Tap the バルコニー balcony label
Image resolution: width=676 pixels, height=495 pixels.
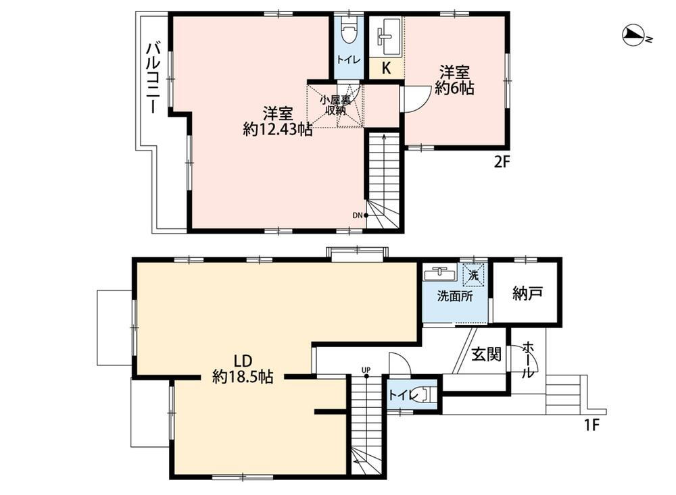[x=153, y=78]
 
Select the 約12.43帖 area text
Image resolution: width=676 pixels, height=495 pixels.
[x=278, y=129]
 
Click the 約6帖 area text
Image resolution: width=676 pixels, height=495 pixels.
[x=454, y=88]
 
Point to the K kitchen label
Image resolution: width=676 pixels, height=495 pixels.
[x=387, y=68]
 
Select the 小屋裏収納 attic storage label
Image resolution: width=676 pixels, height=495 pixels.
[x=335, y=105]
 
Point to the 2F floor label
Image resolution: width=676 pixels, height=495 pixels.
[x=502, y=162]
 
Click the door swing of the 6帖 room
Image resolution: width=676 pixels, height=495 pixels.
[x=415, y=99]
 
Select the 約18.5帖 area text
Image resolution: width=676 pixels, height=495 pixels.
[x=243, y=377]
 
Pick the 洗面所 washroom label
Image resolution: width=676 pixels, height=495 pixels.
[x=455, y=296]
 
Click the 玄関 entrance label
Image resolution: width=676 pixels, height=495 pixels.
[x=486, y=354]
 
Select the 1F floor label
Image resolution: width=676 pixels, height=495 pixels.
[x=592, y=425]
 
